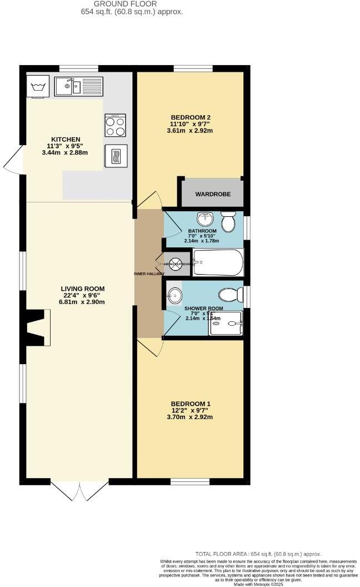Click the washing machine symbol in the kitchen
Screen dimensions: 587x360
pyautogui.click(x=38, y=86)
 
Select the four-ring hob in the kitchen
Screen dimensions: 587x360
pyautogui.click(x=115, y=125)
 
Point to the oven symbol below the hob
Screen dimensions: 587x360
pyautogui.click(x=115, y=156)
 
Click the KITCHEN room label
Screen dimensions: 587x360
pyautogui.click(x=66, y=140)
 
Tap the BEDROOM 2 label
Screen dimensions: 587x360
pyautogui.click(x=191, y=117)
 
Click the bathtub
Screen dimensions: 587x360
pyautogui.click(x=218, y=262)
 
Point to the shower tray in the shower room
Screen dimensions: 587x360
pyautogui.click(x=226, y=323)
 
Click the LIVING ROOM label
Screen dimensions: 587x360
pyautogui.click(x=83, y=288)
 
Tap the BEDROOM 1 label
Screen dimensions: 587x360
pyautogui.click(x=191, y=404)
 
